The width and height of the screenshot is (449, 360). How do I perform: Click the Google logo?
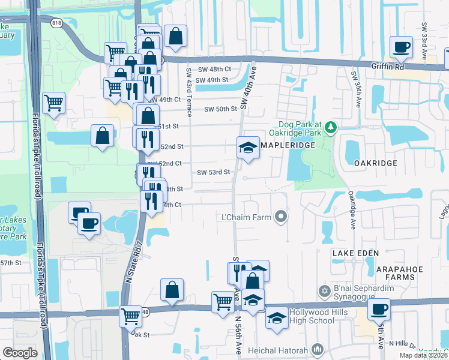coord(20,352)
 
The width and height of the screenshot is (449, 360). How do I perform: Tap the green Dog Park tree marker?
coord(330,127)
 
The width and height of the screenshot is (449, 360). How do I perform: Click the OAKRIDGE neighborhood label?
coord(376,163)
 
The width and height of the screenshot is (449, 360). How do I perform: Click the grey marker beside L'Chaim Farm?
coord(280,216)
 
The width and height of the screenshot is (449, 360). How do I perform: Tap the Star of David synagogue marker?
coord(325,291)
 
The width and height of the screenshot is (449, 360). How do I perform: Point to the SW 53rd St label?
coord(214,172)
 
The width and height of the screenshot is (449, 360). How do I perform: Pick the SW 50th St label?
coord(221,109)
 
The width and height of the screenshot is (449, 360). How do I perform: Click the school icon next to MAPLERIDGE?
coord(247,147)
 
